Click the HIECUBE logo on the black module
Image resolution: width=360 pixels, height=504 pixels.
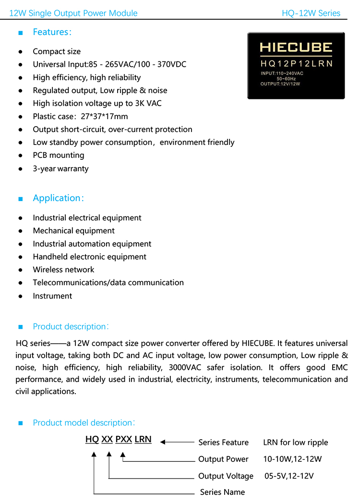tap(296, 47)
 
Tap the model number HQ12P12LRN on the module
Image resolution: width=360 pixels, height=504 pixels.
tap(296, 63)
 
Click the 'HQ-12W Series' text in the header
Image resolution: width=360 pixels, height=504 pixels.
tap(311, 13)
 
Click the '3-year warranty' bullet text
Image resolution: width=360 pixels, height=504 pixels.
tap(60, 168)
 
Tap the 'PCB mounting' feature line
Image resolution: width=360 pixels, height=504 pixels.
tap(58, 155)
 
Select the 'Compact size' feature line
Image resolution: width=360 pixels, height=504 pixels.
tap(57, 51)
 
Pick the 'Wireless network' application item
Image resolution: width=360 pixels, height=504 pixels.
tap(63, 269)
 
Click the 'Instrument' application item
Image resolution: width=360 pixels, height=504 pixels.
tap(52, 296)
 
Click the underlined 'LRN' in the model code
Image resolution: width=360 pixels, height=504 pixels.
tap(143, 439)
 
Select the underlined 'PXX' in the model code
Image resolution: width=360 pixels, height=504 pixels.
tap(124, 439)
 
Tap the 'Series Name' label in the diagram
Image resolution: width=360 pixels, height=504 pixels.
tap(222, 492)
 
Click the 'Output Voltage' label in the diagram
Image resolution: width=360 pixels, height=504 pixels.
tap(226, 476)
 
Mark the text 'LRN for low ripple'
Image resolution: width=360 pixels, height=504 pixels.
tap(295, 442)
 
